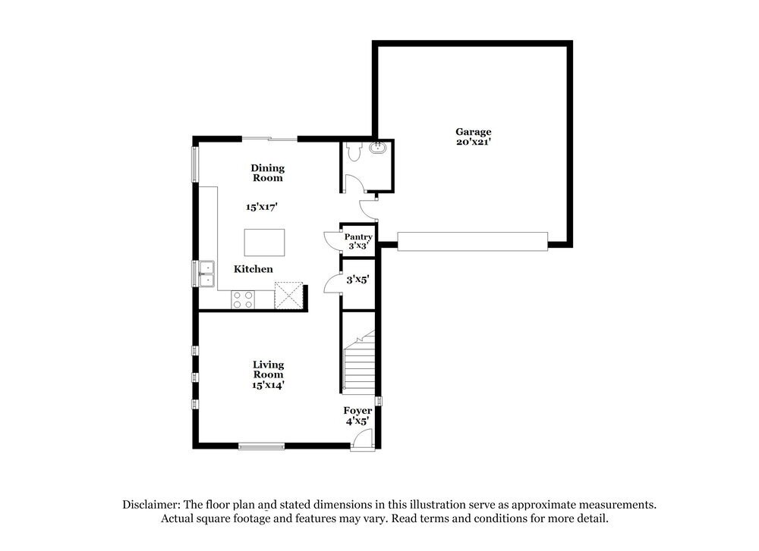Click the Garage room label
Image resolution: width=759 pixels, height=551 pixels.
[473, 131]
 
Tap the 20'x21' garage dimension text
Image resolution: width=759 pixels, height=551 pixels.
[473, 142]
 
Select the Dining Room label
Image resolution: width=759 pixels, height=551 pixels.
[267, 173]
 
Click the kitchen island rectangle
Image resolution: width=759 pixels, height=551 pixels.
[264, 243]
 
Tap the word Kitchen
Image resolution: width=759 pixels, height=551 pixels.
[253, 269]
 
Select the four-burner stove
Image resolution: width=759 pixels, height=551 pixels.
[243, 299]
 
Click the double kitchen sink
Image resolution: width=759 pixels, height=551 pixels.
[206, 273]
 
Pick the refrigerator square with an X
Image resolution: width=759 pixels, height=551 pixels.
[288, 296]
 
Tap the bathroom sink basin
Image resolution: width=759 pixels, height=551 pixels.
[378, 149]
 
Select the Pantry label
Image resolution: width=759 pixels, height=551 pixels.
[358, 237]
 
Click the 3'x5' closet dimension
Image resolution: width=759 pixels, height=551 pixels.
[357, 280]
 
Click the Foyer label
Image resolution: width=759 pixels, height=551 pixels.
[358, 411]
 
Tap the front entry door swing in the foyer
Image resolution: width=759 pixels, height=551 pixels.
[364, 439]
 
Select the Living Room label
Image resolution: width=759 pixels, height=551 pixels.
[268, 370]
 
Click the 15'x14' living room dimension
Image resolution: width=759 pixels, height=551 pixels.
[268, 385]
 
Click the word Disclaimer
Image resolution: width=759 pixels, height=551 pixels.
[150, 504]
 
